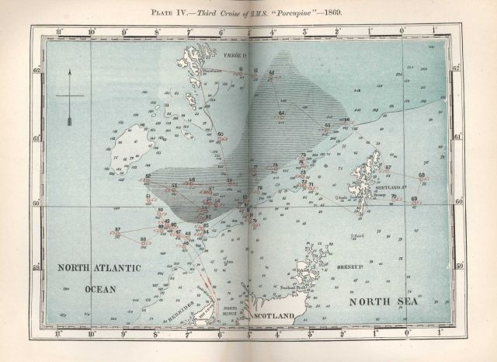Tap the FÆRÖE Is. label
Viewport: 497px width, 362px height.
(x=235, y=56)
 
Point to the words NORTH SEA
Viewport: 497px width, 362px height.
(x=383, y=301)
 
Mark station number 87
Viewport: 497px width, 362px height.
(x=118, y=229)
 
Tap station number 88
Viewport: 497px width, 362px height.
(x=142, y=238)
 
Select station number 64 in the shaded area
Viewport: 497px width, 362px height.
(x=281, y=113)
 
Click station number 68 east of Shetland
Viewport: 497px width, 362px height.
(x=422, y=176)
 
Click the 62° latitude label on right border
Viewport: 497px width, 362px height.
(x=457, y=68)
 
